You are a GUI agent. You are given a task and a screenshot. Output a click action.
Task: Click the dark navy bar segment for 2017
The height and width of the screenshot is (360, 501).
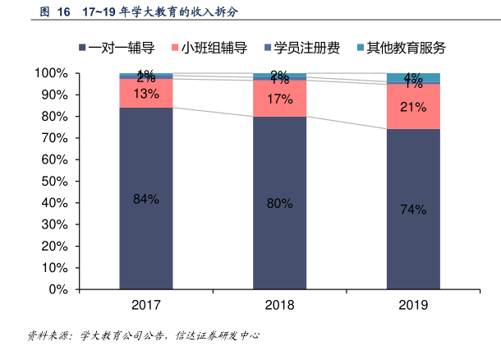point(145,230)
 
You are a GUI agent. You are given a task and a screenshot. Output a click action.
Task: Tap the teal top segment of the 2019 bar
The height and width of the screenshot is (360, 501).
point(413,76)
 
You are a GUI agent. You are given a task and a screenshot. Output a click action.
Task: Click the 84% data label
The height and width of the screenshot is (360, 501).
point(145,199)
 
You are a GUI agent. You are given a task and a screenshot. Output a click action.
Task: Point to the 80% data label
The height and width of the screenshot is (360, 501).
point(279,203)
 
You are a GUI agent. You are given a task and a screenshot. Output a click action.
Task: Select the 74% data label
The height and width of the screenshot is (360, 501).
point(413,210)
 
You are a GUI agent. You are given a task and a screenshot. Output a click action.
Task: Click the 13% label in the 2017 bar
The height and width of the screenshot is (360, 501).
point(145,94)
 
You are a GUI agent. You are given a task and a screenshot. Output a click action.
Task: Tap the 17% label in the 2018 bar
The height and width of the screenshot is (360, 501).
point(279,99)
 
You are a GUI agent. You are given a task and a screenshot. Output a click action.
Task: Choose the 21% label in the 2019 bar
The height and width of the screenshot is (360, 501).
point(413,107)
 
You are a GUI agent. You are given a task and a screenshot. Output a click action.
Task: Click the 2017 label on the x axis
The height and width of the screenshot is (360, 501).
point(145,306)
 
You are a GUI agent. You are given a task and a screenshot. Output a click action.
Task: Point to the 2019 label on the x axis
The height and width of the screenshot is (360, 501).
point(413,306)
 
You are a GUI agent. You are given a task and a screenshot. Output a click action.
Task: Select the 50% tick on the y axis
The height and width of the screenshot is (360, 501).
point(54,182)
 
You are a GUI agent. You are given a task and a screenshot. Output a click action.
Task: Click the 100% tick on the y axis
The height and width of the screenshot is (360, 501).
point(51,74)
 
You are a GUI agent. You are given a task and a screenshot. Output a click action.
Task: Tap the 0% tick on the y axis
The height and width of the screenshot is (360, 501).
point(57,289)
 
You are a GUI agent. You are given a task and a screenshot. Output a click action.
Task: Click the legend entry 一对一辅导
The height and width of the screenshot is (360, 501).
point(121,48)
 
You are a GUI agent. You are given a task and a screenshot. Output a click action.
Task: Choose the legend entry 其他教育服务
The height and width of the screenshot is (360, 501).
point(401,48)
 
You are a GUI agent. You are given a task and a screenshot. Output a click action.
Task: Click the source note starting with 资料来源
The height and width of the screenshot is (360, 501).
point(144,336)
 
